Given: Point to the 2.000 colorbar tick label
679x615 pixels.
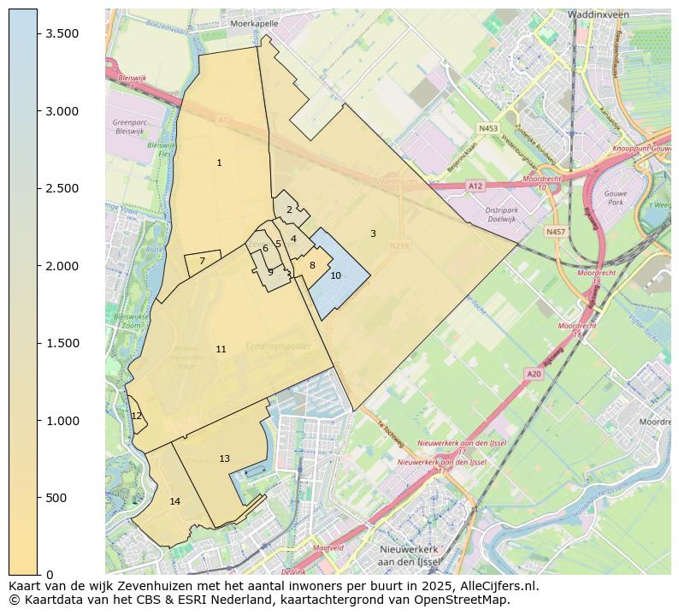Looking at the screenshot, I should pyautogui.click(x=62, y=266).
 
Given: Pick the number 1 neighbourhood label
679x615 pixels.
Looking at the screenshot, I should pyautogui.click(x=219, y=163).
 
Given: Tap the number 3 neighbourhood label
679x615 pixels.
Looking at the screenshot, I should pyautogui.click(x=373, y=234).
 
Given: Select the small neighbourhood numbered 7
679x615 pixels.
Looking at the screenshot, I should pyautogui.click(x=202, y=262).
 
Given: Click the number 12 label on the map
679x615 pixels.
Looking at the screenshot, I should pyautogui.click(x=137, y=416).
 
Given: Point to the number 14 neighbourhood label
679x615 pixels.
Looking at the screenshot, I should pyautogui.click(x=175, y=501).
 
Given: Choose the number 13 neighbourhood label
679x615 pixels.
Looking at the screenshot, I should pyautogui.click(x=225, y=459).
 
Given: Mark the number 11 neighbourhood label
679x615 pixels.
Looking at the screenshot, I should pyautogui.click(x=221, y=349).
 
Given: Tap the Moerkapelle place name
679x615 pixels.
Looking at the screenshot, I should pyautogui.click(x=254, y=24).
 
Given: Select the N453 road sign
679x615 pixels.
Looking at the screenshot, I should pyautogui.click(x=487, y=128).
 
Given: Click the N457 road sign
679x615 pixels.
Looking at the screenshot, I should pyautogui.click(x=556, y=232).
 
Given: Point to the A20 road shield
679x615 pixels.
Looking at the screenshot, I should pyautogui.click(x=534, y=374).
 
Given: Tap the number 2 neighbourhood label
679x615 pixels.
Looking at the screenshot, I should pyautogui.click(x=289, y=210).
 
